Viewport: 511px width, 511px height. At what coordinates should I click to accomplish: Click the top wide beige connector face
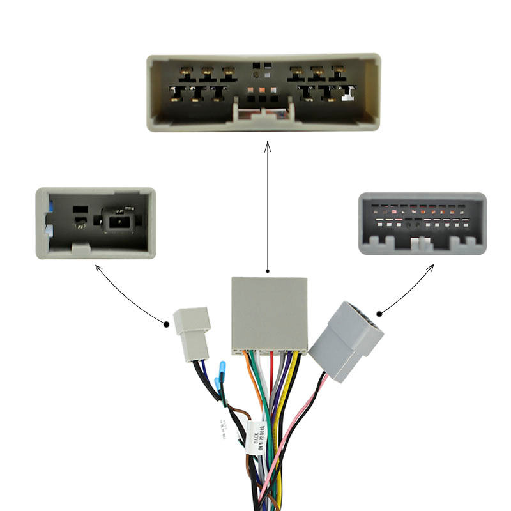click(x=264, y=92)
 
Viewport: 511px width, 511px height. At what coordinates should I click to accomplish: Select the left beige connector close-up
click(x=96, y=222)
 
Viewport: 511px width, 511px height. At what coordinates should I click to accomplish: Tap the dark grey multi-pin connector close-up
click(x=422, y=223)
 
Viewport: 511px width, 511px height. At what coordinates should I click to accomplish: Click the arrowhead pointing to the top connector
click(x=268, y=148)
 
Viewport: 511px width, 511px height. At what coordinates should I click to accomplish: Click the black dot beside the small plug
click(x=167, y=323)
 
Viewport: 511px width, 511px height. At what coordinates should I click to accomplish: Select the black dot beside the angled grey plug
click(x=379, y=314)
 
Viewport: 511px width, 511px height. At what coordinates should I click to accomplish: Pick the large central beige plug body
click(x=269, y=314)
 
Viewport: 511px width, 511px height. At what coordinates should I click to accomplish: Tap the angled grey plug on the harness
click(x=346, y=339)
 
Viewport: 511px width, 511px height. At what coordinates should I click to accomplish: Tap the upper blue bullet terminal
click(x=222, y=368)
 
